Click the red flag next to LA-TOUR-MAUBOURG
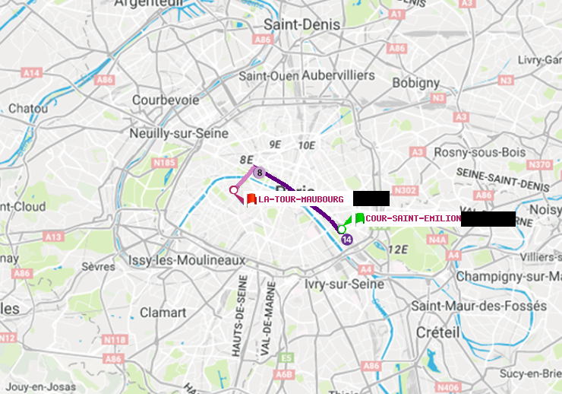coord(251,199)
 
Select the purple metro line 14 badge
coord(347,240)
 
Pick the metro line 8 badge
coord(259,173)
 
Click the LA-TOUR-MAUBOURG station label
coord(301,199)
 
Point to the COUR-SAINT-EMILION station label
coord(413,218)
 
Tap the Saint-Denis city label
coord(302,24)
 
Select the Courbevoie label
coord(166,100)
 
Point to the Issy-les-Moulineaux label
coord(187,260)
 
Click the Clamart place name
coord(163,312)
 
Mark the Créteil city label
coord(437,332)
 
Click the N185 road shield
coord(164,162)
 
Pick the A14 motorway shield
coord(31,72)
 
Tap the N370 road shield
coord(539,164)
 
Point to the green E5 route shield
coord(286,357)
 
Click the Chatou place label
coord(28,109)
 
